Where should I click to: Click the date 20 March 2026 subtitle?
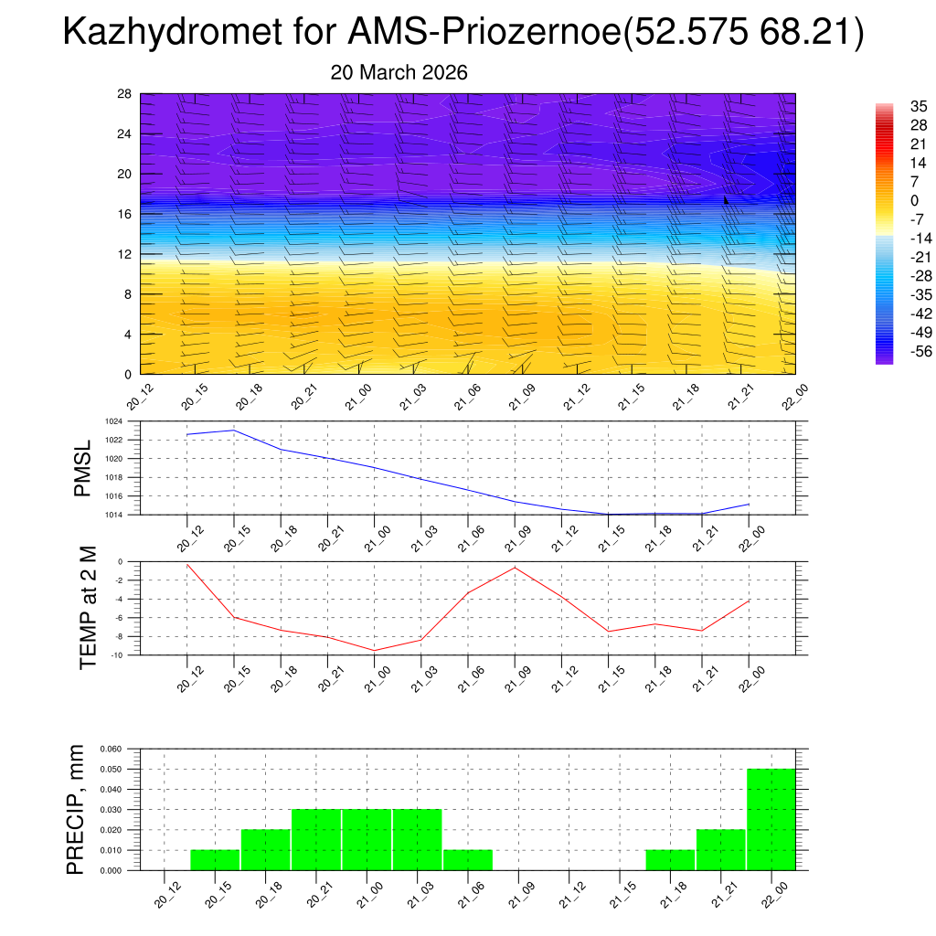399,72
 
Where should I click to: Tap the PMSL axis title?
83,469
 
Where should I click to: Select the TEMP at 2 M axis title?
88,607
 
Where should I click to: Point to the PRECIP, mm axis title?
77,809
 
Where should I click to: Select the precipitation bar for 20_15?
215,860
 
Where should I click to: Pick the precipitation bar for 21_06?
468,860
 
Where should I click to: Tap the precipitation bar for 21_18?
670,860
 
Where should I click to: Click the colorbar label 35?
893,107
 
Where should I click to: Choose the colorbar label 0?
888,200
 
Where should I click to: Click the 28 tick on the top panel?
124,94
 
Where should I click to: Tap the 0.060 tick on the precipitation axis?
111,749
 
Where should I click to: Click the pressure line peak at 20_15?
234,430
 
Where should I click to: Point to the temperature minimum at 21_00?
374,650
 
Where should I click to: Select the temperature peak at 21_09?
515,568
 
